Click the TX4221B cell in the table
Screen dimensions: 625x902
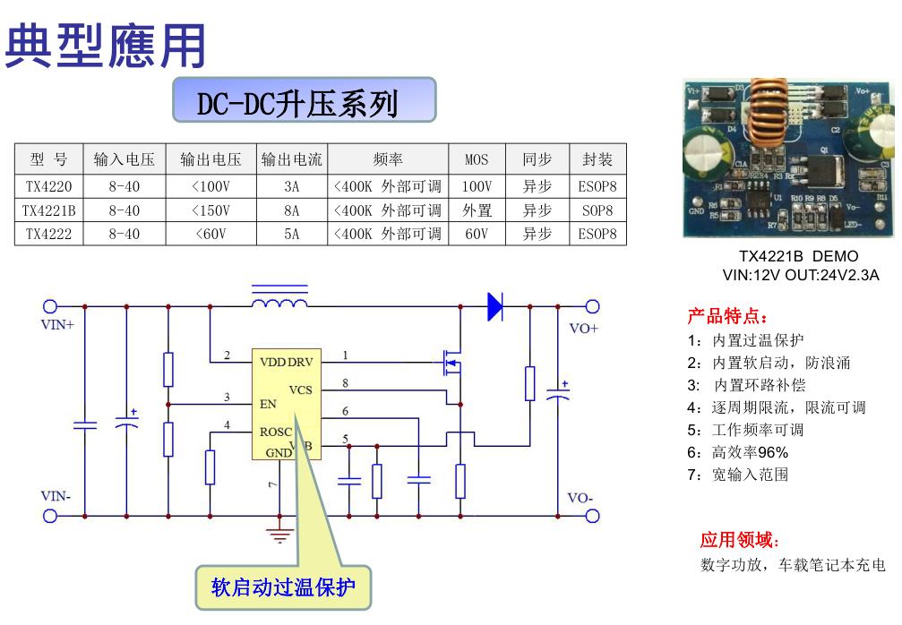coord(49,210)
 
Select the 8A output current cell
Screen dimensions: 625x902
coord(291,210)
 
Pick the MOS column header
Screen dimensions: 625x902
coord(477,160)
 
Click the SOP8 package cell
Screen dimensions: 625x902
coord(597,210)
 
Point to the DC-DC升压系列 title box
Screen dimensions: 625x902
coord(304,101)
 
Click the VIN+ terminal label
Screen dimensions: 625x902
coord(57,325)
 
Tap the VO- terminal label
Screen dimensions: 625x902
coord(581,498)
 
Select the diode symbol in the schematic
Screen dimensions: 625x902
coord(494,306)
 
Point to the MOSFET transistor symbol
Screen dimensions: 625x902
coord(450,363)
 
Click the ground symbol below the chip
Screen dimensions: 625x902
coord(280,535)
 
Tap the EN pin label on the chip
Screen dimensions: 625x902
coord(268,404)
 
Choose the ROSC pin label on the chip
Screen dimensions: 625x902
coord(276,432)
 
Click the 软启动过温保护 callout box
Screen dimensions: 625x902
coord(282,587)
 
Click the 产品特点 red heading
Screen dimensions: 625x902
coord(727,317)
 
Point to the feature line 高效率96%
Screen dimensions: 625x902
coord(739,452)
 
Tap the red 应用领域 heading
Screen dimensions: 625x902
coord(740,540)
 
